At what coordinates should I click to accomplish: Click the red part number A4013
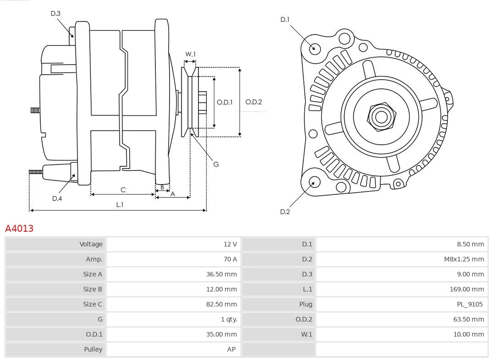pos(19,228)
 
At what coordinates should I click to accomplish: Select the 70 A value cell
pos(230,259)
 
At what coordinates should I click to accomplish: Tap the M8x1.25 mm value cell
pos(463,259)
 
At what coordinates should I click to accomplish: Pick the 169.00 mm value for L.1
pos(467,289)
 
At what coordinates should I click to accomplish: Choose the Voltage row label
pos(91,244)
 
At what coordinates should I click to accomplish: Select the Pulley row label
pos(93,349)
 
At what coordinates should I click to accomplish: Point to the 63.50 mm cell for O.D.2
pos(468,319)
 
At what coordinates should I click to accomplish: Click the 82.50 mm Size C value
pos(221,304)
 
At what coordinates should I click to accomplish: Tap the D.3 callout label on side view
pos(55,13)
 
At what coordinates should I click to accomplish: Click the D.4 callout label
pos(57,198)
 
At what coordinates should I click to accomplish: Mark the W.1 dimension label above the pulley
pos(190,54)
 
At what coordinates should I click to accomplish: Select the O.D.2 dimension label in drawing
pos(253,102)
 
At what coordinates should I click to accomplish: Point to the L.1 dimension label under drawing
pos(119,205)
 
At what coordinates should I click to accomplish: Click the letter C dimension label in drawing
pos(123,190)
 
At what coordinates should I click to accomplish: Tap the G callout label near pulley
pos(216,164)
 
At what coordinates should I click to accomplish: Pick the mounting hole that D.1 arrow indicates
pos(314,48)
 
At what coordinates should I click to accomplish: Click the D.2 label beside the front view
pos(285,212)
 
